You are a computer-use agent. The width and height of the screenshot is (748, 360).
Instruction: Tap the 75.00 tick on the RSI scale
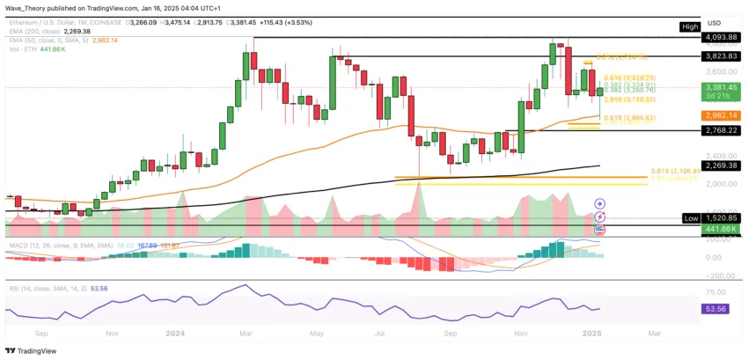click(717, 288)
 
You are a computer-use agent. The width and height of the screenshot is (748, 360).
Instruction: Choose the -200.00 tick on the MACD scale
click(717, 275)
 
